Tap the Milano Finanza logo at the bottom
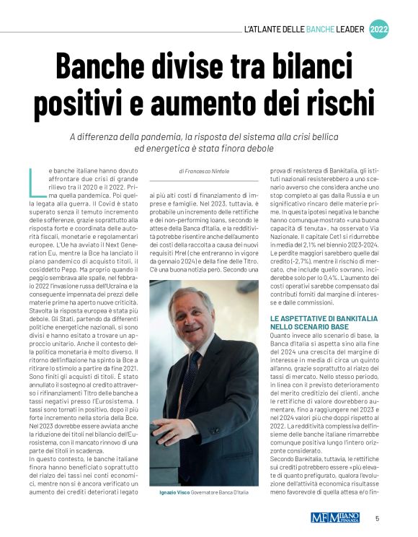point(339,518)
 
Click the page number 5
point(377,518)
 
